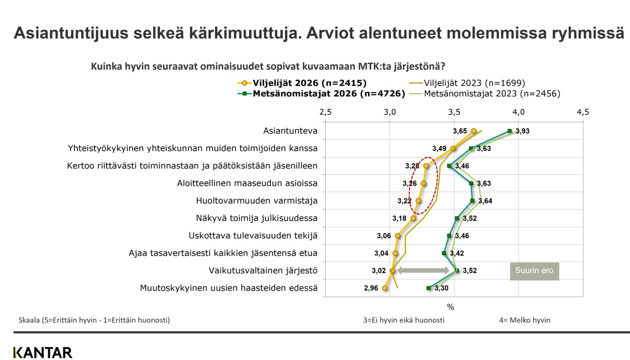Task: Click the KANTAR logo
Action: [43, 353]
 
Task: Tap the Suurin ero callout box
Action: [534, 271]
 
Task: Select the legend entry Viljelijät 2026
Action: [302, 83]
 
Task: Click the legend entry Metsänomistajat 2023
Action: [484, 94]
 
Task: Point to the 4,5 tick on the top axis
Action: [582, 112]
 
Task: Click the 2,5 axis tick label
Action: [326, 112]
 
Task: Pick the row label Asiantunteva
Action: [290, 131]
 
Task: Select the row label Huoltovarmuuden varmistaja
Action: [257, 201]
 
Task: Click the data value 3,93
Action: [522, 131]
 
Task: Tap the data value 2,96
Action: [371, 288]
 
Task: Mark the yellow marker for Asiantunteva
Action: [473, 131]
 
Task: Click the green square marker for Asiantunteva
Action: [509, 131]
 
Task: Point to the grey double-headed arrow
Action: [423, 271]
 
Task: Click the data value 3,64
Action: [485, 201]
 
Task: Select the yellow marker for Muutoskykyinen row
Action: [385, 288]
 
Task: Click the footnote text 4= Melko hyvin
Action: [525, 320]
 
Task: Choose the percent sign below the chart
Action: [450, 307]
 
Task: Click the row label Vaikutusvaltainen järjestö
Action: [263, 271]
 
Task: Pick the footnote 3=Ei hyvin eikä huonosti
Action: [404, 320]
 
